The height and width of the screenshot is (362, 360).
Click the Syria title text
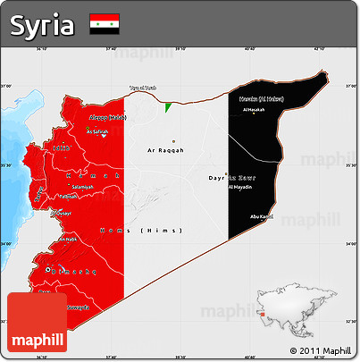point(42,25)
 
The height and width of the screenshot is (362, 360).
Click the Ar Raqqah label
point(165,150)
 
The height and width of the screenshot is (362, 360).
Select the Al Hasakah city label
point(255,110)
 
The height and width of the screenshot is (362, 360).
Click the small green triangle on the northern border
point(168,106)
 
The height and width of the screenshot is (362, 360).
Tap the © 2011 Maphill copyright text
point(320,349)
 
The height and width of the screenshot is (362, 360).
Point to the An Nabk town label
point(67,240)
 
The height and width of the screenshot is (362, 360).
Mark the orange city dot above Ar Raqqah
point(174,141)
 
